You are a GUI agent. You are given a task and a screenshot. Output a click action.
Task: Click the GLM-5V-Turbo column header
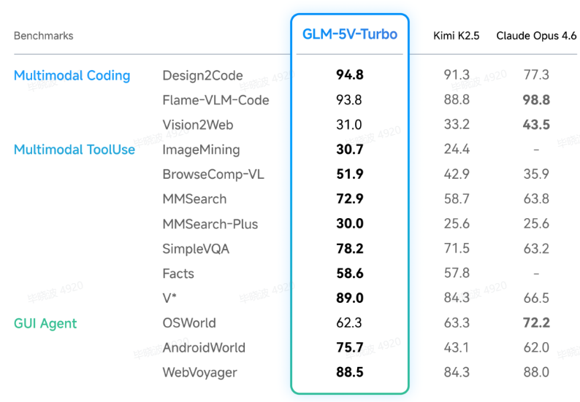350,34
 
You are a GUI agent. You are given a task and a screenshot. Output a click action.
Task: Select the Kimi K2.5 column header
457,36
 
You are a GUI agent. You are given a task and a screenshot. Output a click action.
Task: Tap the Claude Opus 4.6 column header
536,36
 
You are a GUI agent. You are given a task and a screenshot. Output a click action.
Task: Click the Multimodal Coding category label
72,75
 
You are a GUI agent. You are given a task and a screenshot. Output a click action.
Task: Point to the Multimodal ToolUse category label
75,150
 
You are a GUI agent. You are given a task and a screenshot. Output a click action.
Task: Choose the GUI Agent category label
45,322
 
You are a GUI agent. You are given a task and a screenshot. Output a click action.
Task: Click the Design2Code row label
202,76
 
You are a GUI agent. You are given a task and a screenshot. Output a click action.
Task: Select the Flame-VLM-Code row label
215,100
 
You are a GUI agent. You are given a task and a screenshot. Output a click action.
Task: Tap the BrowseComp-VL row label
213,174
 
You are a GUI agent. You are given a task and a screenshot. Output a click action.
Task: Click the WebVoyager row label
199,372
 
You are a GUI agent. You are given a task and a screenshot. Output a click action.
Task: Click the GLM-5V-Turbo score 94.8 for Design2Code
349,75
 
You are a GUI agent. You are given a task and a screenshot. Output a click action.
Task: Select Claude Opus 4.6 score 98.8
536,100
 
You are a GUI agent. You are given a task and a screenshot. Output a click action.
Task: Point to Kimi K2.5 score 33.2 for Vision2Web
457,125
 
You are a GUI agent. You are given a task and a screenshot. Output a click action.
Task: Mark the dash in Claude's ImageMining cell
536,150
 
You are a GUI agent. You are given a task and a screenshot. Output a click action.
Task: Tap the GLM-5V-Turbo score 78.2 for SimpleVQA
349,249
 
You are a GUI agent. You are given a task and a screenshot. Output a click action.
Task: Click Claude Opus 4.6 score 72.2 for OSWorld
536,322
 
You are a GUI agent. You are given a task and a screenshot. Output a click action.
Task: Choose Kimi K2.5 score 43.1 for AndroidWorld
457,347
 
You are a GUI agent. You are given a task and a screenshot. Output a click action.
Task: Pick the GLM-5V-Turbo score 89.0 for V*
349,298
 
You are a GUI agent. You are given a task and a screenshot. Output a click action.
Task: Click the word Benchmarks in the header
44,36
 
